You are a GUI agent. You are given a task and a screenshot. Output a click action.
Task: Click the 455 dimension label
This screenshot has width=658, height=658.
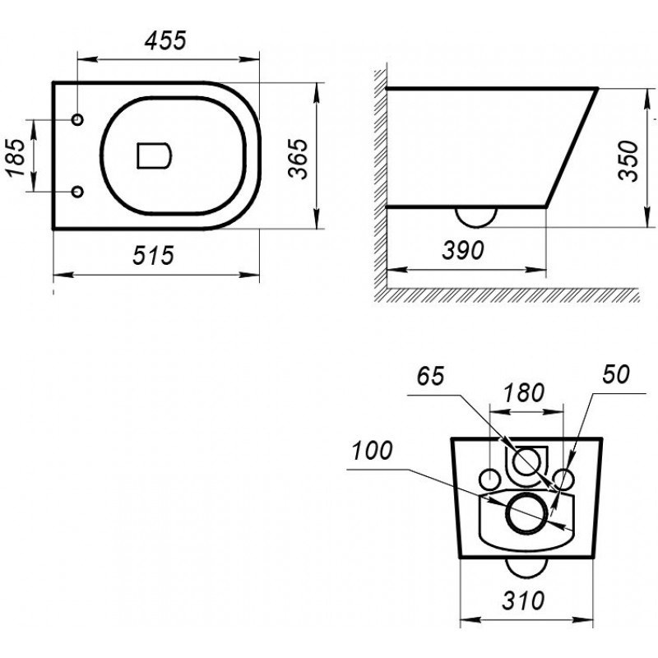(165, 40)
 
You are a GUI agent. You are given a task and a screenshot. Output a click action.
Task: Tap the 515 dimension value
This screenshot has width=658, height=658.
(153, 255)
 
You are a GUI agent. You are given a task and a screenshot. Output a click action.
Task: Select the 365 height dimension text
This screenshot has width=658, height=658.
(299, 159)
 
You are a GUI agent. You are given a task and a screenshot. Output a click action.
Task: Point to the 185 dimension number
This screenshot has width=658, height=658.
(15, 157)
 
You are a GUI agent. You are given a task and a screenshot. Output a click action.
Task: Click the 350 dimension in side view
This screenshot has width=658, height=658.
(628, 160)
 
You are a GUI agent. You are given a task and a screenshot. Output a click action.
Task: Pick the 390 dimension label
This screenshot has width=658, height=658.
(463, 250)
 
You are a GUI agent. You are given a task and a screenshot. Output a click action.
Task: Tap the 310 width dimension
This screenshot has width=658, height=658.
(523, 600)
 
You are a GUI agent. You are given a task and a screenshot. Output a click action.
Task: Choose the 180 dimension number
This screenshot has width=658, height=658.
(524, 393)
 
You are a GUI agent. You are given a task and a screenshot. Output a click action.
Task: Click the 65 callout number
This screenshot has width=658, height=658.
(430, 376)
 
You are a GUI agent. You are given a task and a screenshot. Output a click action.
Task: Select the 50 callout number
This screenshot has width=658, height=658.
(616, 374)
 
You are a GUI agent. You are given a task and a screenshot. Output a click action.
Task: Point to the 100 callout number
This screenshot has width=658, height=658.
(372, 451)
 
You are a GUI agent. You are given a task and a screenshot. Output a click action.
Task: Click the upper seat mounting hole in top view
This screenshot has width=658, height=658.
(77, 119)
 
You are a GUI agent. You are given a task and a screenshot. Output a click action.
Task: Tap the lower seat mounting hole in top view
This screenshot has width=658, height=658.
(77, 192)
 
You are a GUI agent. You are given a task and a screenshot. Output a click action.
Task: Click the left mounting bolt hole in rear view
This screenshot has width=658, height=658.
(480, 480)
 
